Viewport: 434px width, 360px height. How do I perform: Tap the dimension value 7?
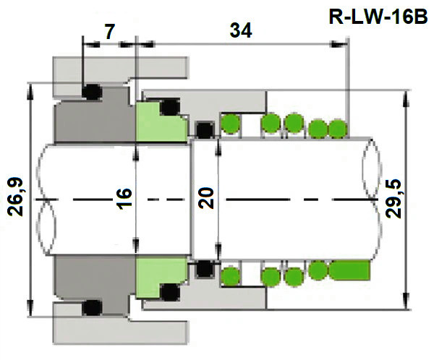click(x=109, y=31)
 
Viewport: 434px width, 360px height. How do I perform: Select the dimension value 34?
click(x=239, y=31)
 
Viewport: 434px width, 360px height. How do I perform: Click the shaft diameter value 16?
click(x=124, y=197)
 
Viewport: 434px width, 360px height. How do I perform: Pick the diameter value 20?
click(x=207, y=197)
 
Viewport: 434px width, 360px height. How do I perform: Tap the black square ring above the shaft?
click(x=205, y=130)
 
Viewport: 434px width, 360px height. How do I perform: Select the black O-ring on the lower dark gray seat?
click(x=91, y=307)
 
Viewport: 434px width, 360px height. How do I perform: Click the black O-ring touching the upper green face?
click(x=170, y=107)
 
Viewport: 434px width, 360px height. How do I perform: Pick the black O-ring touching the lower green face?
click(x=170, y=292)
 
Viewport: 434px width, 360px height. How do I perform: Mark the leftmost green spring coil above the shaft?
click(x=231, y=124)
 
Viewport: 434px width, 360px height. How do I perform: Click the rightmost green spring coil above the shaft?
click(x=337, y=129)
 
